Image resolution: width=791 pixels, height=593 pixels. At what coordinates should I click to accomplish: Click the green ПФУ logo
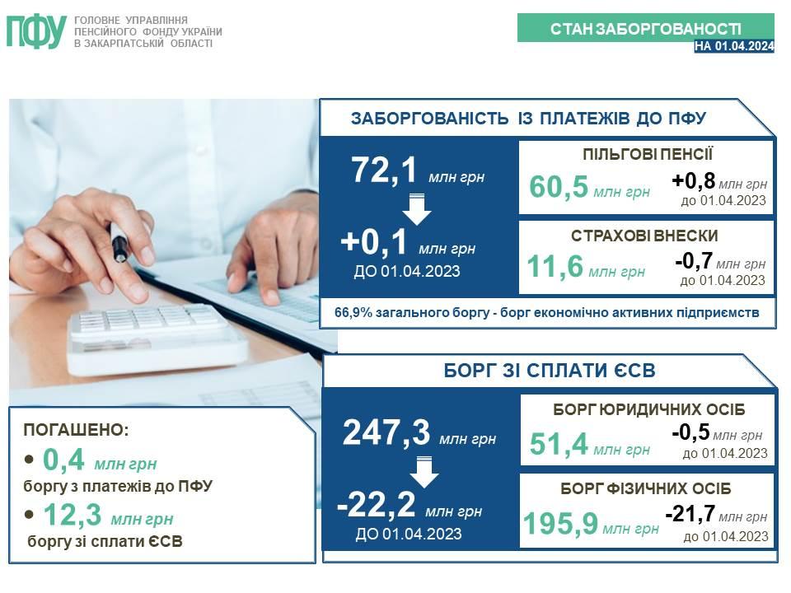click(36, 32)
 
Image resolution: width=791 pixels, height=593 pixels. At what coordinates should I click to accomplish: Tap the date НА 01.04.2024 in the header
click(734, 46)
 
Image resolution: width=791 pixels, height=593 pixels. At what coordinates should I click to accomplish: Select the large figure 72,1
click(384, 170)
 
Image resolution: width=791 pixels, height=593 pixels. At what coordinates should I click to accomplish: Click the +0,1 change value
click(374, 241)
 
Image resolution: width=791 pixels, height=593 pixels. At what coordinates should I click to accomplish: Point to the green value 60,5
click(559, 187)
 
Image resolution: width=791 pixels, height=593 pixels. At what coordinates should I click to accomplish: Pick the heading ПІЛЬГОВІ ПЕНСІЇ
click(648, 154)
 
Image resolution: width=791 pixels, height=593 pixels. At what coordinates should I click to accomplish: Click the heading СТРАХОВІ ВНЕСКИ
click(644, 236)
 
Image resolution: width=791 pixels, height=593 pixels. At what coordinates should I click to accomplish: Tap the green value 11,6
click(555, 266)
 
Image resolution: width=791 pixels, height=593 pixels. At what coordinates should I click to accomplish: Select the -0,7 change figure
click(694, 261)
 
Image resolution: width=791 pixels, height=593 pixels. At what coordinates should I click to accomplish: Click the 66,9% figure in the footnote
click(353, 313)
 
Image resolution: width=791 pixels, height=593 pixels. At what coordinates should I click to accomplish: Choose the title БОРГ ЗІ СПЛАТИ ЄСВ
click(550, 371)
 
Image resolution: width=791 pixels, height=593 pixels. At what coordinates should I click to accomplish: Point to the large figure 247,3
click(386, 432)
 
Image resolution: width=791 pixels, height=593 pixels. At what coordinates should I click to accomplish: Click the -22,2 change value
click(377, 504)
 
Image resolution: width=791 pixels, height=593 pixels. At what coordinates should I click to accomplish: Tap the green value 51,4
click(559, 444)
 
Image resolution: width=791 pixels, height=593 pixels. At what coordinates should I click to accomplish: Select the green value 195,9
click(560, 524)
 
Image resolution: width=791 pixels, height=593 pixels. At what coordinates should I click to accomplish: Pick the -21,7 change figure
click(690, 514)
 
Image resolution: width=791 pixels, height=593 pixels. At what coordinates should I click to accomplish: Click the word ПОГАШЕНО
click(76, 430)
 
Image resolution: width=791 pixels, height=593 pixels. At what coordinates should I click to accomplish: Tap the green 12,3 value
click(73, 514)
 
